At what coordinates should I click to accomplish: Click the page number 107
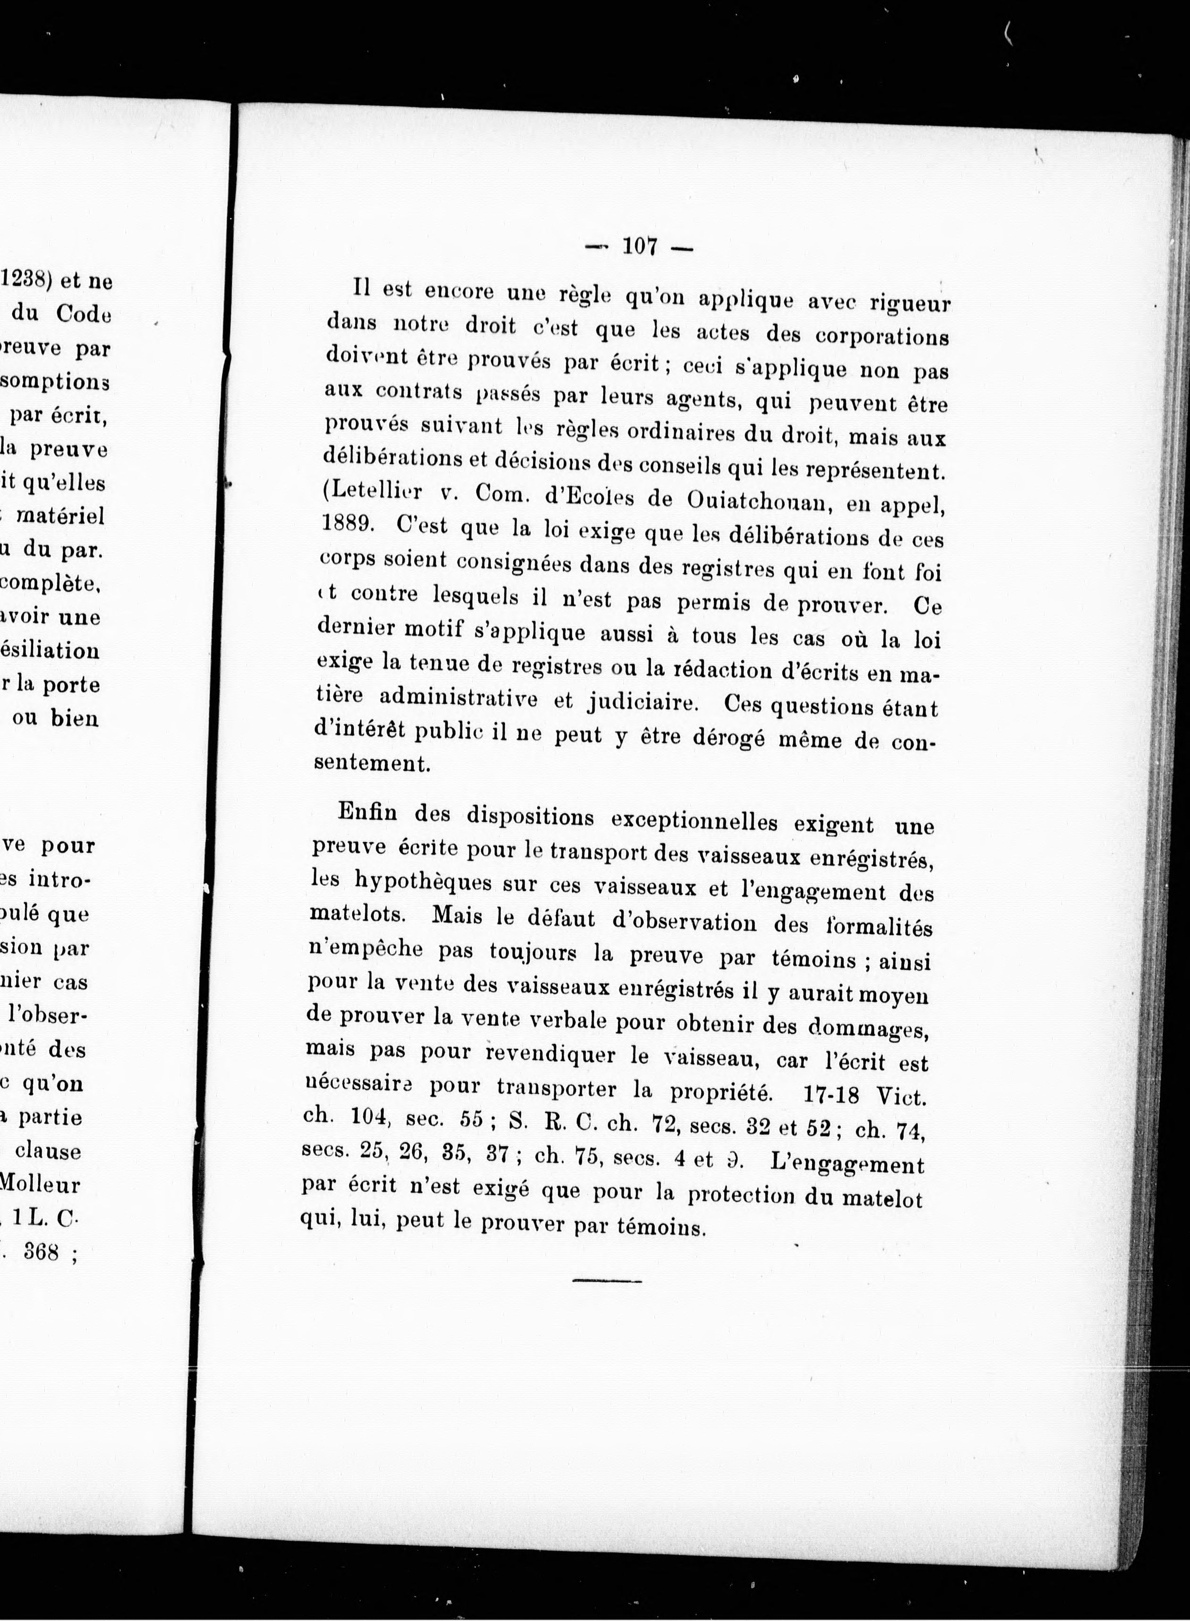(640, 247)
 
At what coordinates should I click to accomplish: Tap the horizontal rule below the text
(606, 1281)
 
